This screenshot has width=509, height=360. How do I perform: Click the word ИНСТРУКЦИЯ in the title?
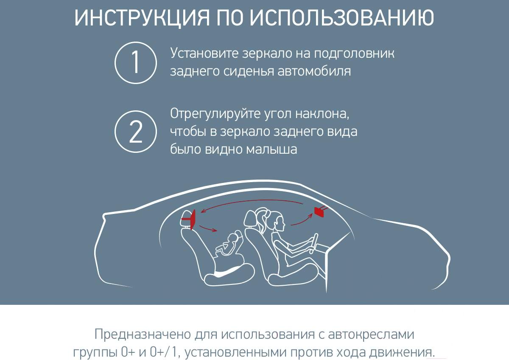(142, 17)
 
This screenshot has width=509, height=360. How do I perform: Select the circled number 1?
(136, 63)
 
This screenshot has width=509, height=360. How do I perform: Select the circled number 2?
(136, 132)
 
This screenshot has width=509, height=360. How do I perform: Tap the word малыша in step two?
(271, 149)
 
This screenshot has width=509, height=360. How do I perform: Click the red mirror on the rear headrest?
(192, 219)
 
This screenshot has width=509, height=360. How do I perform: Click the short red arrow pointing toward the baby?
(208, 228)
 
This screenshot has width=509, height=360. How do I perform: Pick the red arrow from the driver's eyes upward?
(302, 219)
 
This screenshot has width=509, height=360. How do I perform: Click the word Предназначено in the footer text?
(143, 335)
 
